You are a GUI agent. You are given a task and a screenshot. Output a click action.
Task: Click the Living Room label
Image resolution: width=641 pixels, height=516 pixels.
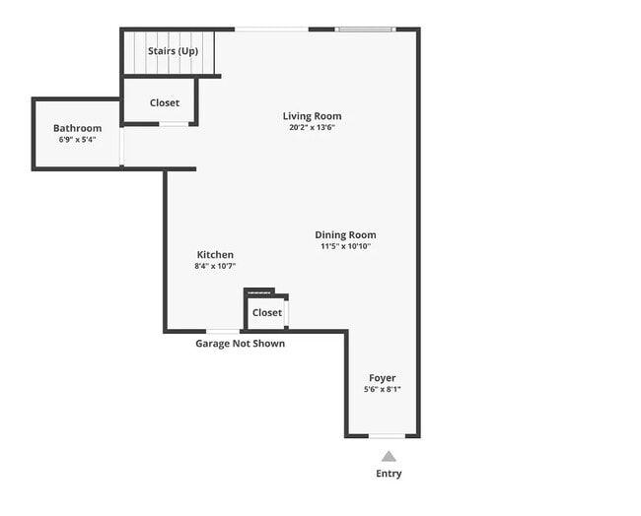(312, 116)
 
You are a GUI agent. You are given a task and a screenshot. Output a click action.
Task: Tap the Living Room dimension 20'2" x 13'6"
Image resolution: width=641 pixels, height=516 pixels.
(312, 128)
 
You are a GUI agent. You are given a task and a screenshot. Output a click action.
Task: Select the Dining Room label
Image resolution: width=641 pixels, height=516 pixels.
(345, 234)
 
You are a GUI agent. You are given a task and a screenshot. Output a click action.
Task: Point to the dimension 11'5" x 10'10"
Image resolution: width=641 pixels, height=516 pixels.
(345, 246)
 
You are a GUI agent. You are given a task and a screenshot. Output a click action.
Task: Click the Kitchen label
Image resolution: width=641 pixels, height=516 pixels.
(215, 254)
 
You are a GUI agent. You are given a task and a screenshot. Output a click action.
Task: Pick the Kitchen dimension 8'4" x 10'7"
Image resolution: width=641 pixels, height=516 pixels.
(215, 266)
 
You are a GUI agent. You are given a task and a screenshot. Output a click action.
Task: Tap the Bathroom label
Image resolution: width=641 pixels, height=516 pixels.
(77, 128)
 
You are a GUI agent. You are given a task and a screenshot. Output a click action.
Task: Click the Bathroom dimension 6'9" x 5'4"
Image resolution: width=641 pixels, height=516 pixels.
(77, 140)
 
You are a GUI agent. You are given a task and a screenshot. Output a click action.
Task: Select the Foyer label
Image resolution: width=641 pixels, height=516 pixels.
(383, 378)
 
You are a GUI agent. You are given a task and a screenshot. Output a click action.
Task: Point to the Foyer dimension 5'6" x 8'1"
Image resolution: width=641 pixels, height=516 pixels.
(383, 390)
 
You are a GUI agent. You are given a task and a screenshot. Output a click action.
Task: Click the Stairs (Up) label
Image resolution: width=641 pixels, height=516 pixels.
(173, 50)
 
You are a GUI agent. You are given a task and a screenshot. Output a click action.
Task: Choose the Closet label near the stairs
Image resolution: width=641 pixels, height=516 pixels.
(165, 102)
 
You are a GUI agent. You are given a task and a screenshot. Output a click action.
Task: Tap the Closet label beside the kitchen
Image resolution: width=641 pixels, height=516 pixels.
(266, 312)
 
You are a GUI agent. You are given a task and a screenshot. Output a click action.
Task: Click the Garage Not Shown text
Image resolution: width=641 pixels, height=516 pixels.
(240, 344)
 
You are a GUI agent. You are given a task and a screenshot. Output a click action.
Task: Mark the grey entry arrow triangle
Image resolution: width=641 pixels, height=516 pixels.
(389, 456)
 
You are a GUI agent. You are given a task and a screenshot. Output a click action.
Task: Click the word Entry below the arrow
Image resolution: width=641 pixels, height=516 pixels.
(389, 474)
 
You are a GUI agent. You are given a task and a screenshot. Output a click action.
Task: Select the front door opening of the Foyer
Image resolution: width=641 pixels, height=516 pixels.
(387, 435)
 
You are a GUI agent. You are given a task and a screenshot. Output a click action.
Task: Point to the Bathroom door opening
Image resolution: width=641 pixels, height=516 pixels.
(121, 147)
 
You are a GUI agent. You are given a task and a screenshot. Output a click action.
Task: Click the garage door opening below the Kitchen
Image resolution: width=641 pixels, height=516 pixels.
(223, 331)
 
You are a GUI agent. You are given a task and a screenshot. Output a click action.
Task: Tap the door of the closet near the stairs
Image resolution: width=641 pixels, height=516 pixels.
(175, 124)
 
